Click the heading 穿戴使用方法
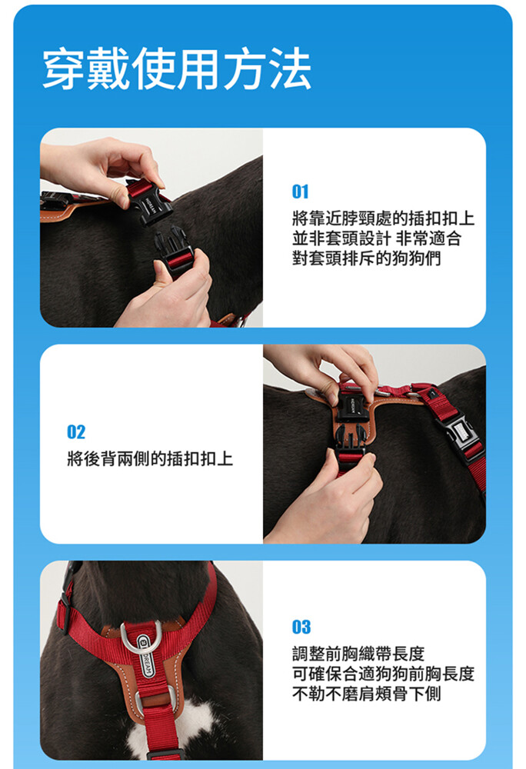point(177,68)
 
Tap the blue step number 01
point(300,191)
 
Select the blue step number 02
point(76,432)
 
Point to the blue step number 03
point(301,627)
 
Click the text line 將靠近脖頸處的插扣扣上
point(383,218)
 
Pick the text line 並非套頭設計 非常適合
point(377,238)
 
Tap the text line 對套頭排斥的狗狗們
point(366,258)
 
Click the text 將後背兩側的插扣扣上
point(150,458)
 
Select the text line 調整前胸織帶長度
point(358,653)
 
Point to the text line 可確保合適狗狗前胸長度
point(383,674)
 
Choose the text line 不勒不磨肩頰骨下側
point(366,694)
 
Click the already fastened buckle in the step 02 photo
point(458,434)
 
